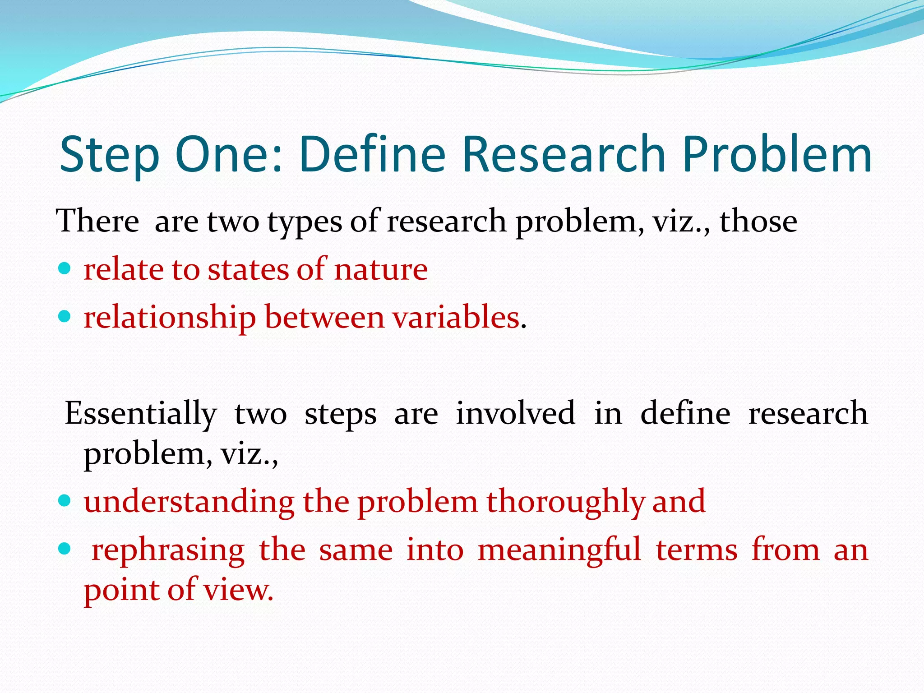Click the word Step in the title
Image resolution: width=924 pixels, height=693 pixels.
pyautogui.click(x=110, y=156)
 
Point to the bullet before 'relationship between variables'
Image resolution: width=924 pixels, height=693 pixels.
pyautogui.click(x=65, y=317)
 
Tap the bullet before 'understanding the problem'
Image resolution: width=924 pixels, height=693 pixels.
pyautogui.click(x=65, y=500)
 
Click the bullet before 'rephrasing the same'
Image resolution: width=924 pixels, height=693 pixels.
pyautogui.click(x=65, y=549)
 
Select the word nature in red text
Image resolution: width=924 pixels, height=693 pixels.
pyautogui.click(x=381, y=270)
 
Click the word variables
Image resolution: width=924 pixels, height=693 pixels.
pyautogui.click(x=456, y=317)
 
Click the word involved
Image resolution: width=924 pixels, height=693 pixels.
pyautogui.click(x=515, y=413)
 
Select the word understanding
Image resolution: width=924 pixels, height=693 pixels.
pyautogui.click(x=189, y=502)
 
